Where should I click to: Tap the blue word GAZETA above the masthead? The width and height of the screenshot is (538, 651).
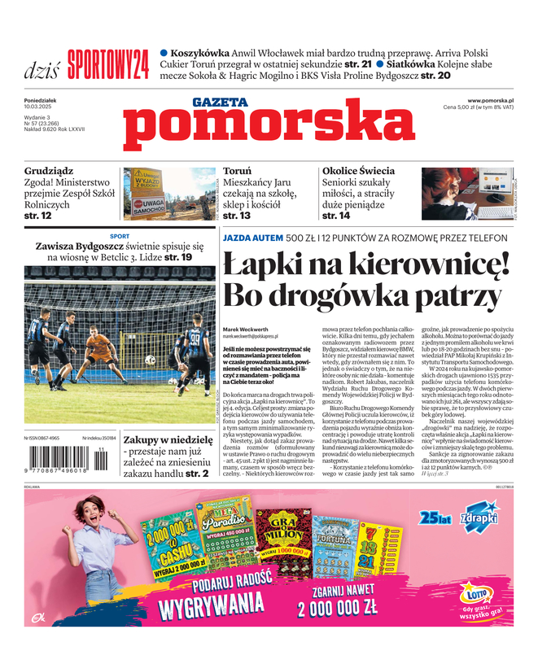[x=221, y=102]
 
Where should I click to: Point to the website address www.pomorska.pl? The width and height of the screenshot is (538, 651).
[x=495, y=99]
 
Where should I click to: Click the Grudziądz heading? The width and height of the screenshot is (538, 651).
[x=49, y=172]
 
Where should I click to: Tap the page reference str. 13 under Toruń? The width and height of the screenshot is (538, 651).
[x=237, y=216]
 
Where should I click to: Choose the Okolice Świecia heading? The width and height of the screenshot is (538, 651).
[x=359, y=172]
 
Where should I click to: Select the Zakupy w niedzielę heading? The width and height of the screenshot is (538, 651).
[x=168, y=439]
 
